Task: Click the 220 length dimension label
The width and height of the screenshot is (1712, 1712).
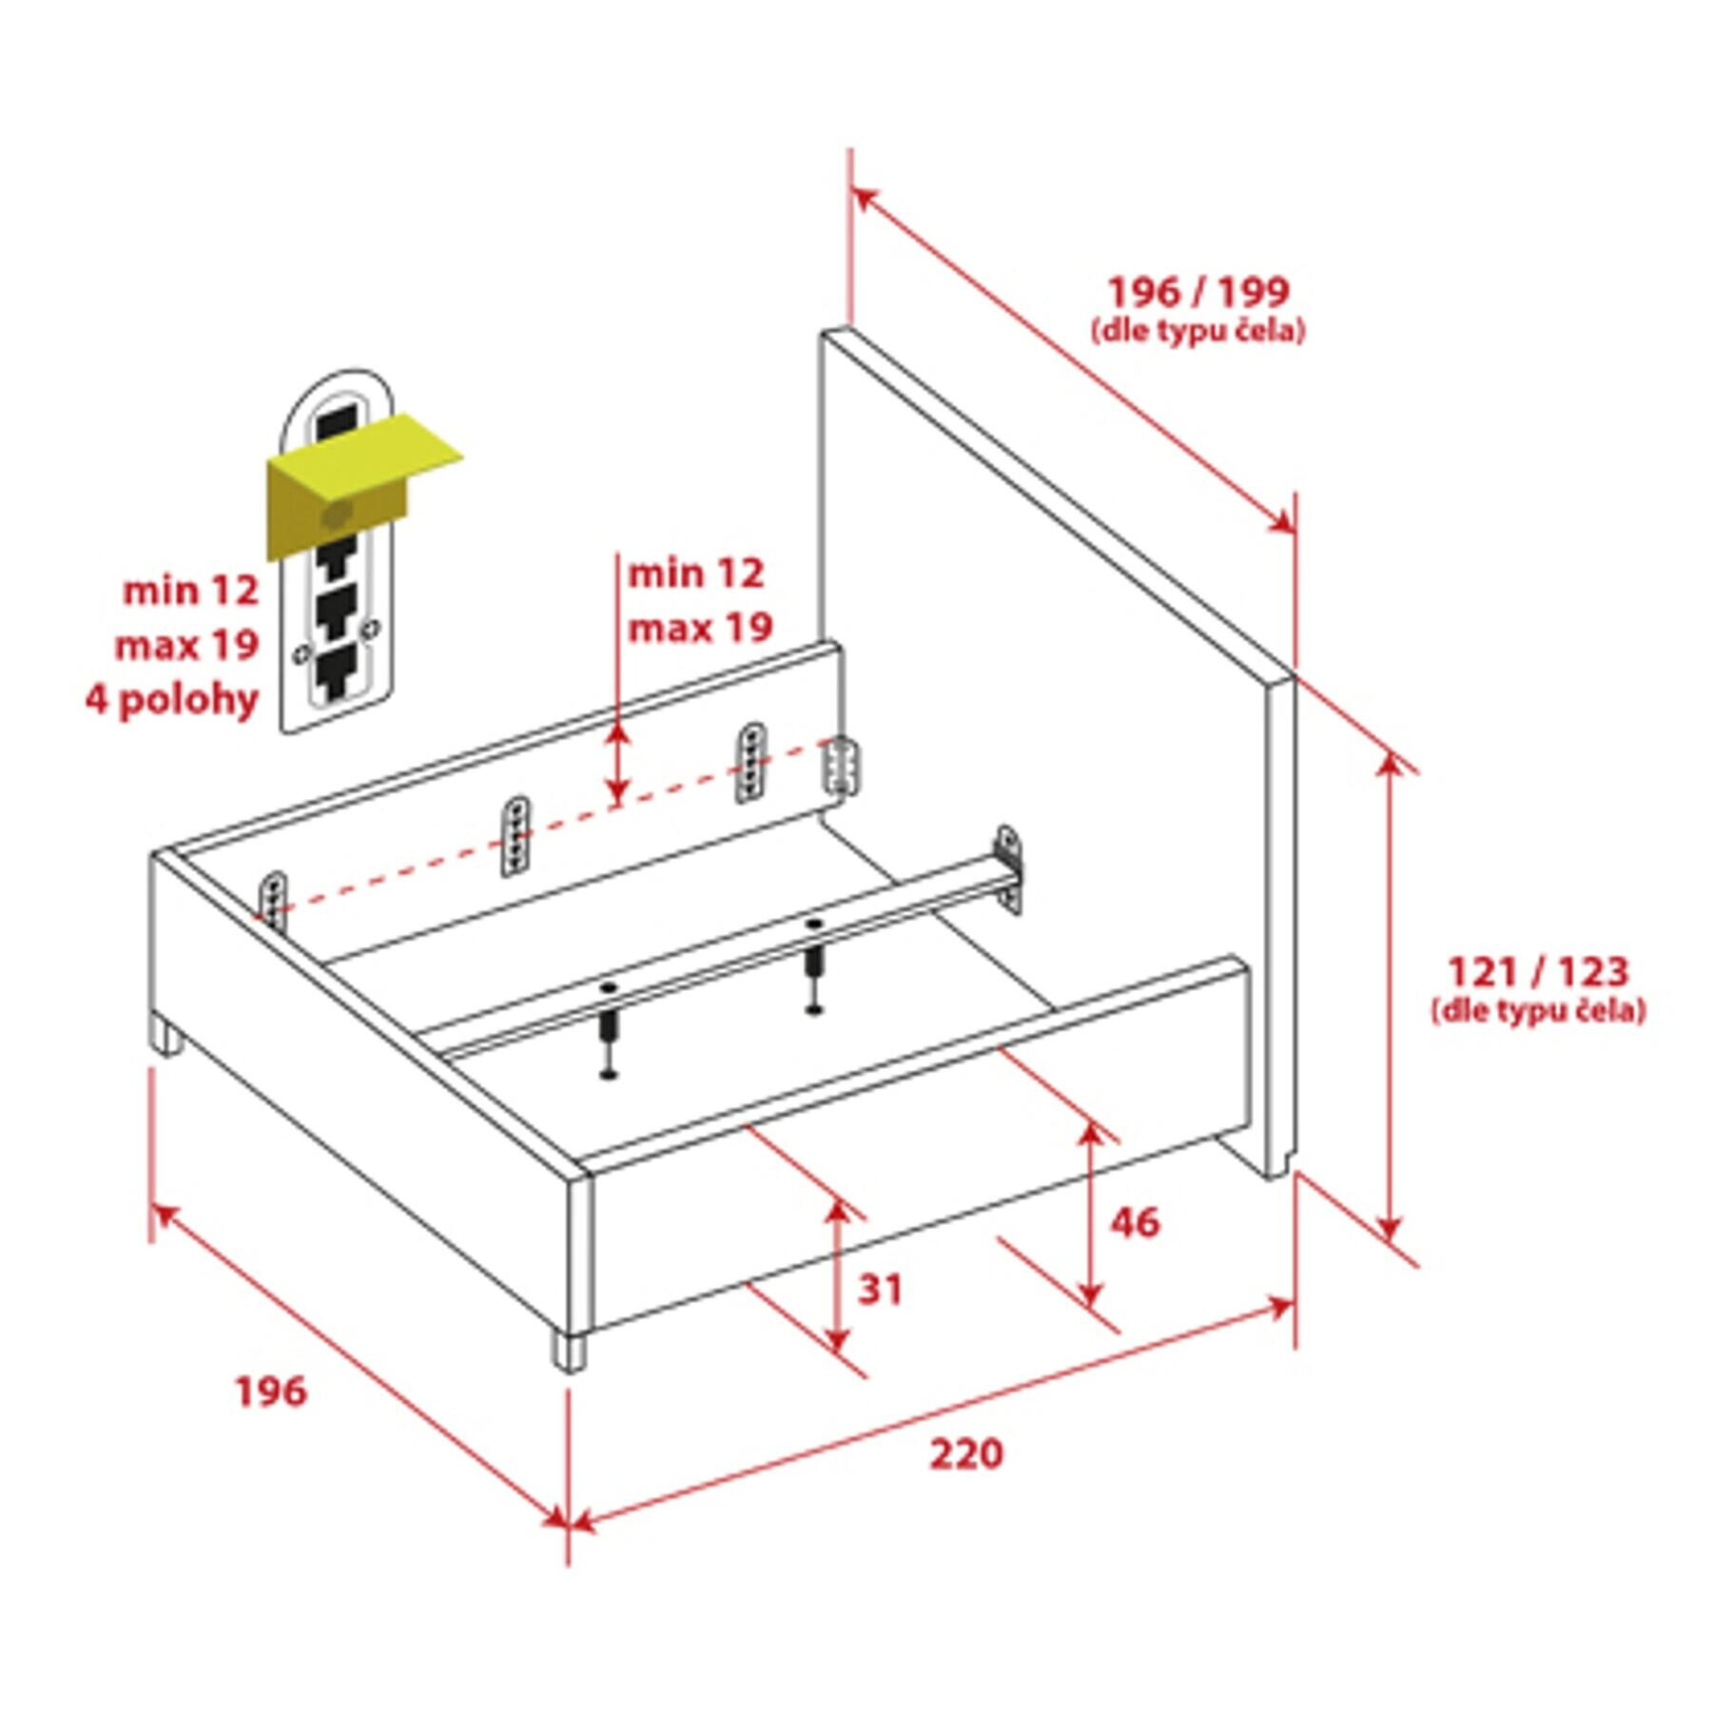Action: click(x=966, y=1453)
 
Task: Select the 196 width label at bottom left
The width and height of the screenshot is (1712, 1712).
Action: click(x=271, y=1391)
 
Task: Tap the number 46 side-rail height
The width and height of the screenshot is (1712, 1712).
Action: click(x=1135, y=1221)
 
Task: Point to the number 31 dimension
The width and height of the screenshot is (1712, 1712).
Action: click(x=880, y=1290)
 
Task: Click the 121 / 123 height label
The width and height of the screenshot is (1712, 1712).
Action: click(x=1538, y=971)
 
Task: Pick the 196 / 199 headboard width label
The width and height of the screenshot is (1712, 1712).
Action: click(x=1198, y=291)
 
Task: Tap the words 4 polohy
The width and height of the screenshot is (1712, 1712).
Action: click(x=172, y=701)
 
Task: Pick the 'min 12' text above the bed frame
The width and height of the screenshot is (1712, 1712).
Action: click(x=695, y=574)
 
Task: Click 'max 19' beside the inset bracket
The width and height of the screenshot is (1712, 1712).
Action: click(x=186, y=647)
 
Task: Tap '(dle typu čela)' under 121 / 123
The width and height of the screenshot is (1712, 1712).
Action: click(x=1538, y=1010)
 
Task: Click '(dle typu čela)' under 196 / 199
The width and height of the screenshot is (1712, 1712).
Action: click(x=1198, y=331)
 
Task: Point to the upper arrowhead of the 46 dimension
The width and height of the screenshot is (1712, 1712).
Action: click(x=1091, y=1136)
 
